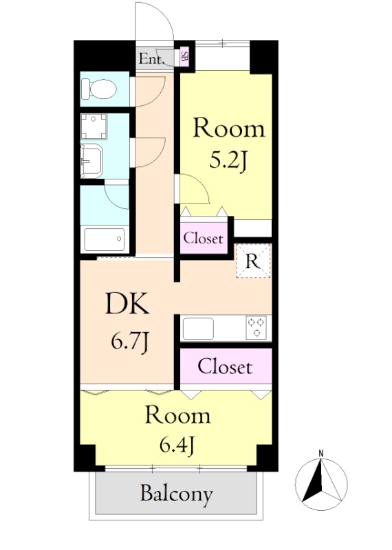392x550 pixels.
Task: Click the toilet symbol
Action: pyautogui.click(x=98, y=89)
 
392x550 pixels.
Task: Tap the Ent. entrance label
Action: pyautogui.click(x=151, y=58)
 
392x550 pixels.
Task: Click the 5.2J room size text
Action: pyautogui.click(x=228, y=162)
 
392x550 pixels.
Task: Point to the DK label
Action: pyautogui.click(x=127, y=304)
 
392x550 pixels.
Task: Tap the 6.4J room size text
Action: pyautogui.click(x=177, y=445)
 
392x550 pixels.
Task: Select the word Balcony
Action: pyautogui.click(x=177, y=494)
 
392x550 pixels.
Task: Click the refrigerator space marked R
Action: pyautogui.click(x=253, y=261)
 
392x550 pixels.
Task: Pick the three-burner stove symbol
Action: pyautogui.click(x=257, y=328)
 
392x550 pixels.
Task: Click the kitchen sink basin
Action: pyautogui.click(x=198, y=329)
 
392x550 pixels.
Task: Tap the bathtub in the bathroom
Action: pyautogui.click(x=105, y=239)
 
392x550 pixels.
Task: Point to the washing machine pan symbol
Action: pyautogui.click(x=94, y=126)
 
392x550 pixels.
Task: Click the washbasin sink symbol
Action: pyautogui.click(x=91, y=162)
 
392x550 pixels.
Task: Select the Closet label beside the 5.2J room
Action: pyautogui.click(x=203, y=238)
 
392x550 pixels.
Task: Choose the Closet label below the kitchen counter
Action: pyautogui.click(x=225, y=367)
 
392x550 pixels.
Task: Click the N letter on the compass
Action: pyautogui.click(x=320, y=453)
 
